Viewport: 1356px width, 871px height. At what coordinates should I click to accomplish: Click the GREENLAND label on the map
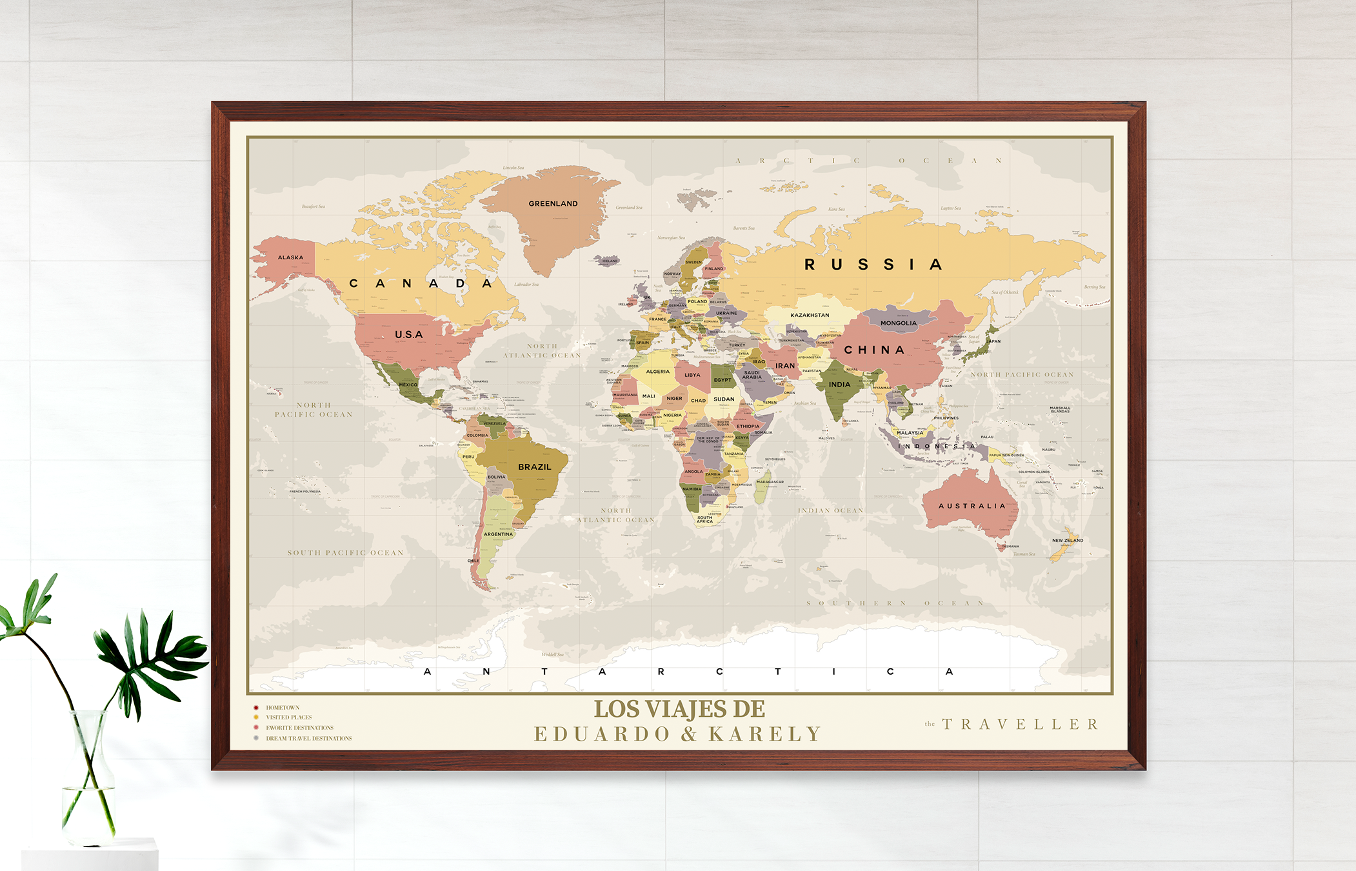click(553, 204)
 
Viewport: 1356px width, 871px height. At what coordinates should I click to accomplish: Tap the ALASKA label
click(290, 257)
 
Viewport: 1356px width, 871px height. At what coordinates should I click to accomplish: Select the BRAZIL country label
click(534, 467)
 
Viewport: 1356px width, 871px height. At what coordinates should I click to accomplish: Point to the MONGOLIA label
click(898, 323)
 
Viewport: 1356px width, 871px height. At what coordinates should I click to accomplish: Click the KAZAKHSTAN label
click(810, 315)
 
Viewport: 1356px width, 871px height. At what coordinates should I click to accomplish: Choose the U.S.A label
click(408, 335)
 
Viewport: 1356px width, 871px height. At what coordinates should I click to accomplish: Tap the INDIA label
click(839, 385)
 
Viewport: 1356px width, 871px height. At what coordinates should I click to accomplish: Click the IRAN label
click(784, 366)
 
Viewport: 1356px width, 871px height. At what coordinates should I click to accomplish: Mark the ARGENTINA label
click(498, 534)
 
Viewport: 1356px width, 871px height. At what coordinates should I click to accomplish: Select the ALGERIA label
click(657, 372)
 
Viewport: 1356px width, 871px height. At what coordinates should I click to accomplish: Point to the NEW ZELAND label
click(1068, 541)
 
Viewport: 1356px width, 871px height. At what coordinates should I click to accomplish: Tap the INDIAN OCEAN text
click(830, 511)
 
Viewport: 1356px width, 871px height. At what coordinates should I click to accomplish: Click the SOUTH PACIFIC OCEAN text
click(345, 553)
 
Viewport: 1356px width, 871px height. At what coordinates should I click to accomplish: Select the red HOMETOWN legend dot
click(256, 708)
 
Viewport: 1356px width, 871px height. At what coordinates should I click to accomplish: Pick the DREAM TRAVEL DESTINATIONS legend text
click(308, 739)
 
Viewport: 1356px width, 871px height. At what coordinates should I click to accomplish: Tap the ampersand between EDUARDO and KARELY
click(689, 734)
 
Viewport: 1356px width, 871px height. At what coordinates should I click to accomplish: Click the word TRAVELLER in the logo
click(1021, 725)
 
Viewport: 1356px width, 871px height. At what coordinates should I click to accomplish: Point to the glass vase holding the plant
click(89, 781)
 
